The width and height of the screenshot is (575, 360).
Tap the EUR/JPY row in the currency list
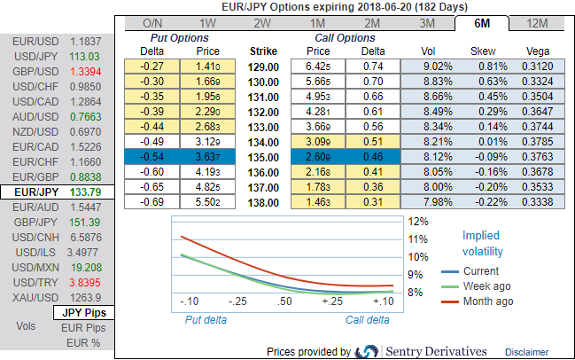tap(55, 190)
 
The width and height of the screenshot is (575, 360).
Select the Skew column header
tap(483, 51)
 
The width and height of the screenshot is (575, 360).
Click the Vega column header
tap(536, 51)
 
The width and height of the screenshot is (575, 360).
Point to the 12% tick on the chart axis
tap(417, 221)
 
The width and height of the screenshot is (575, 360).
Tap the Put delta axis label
tap(205, 319)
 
